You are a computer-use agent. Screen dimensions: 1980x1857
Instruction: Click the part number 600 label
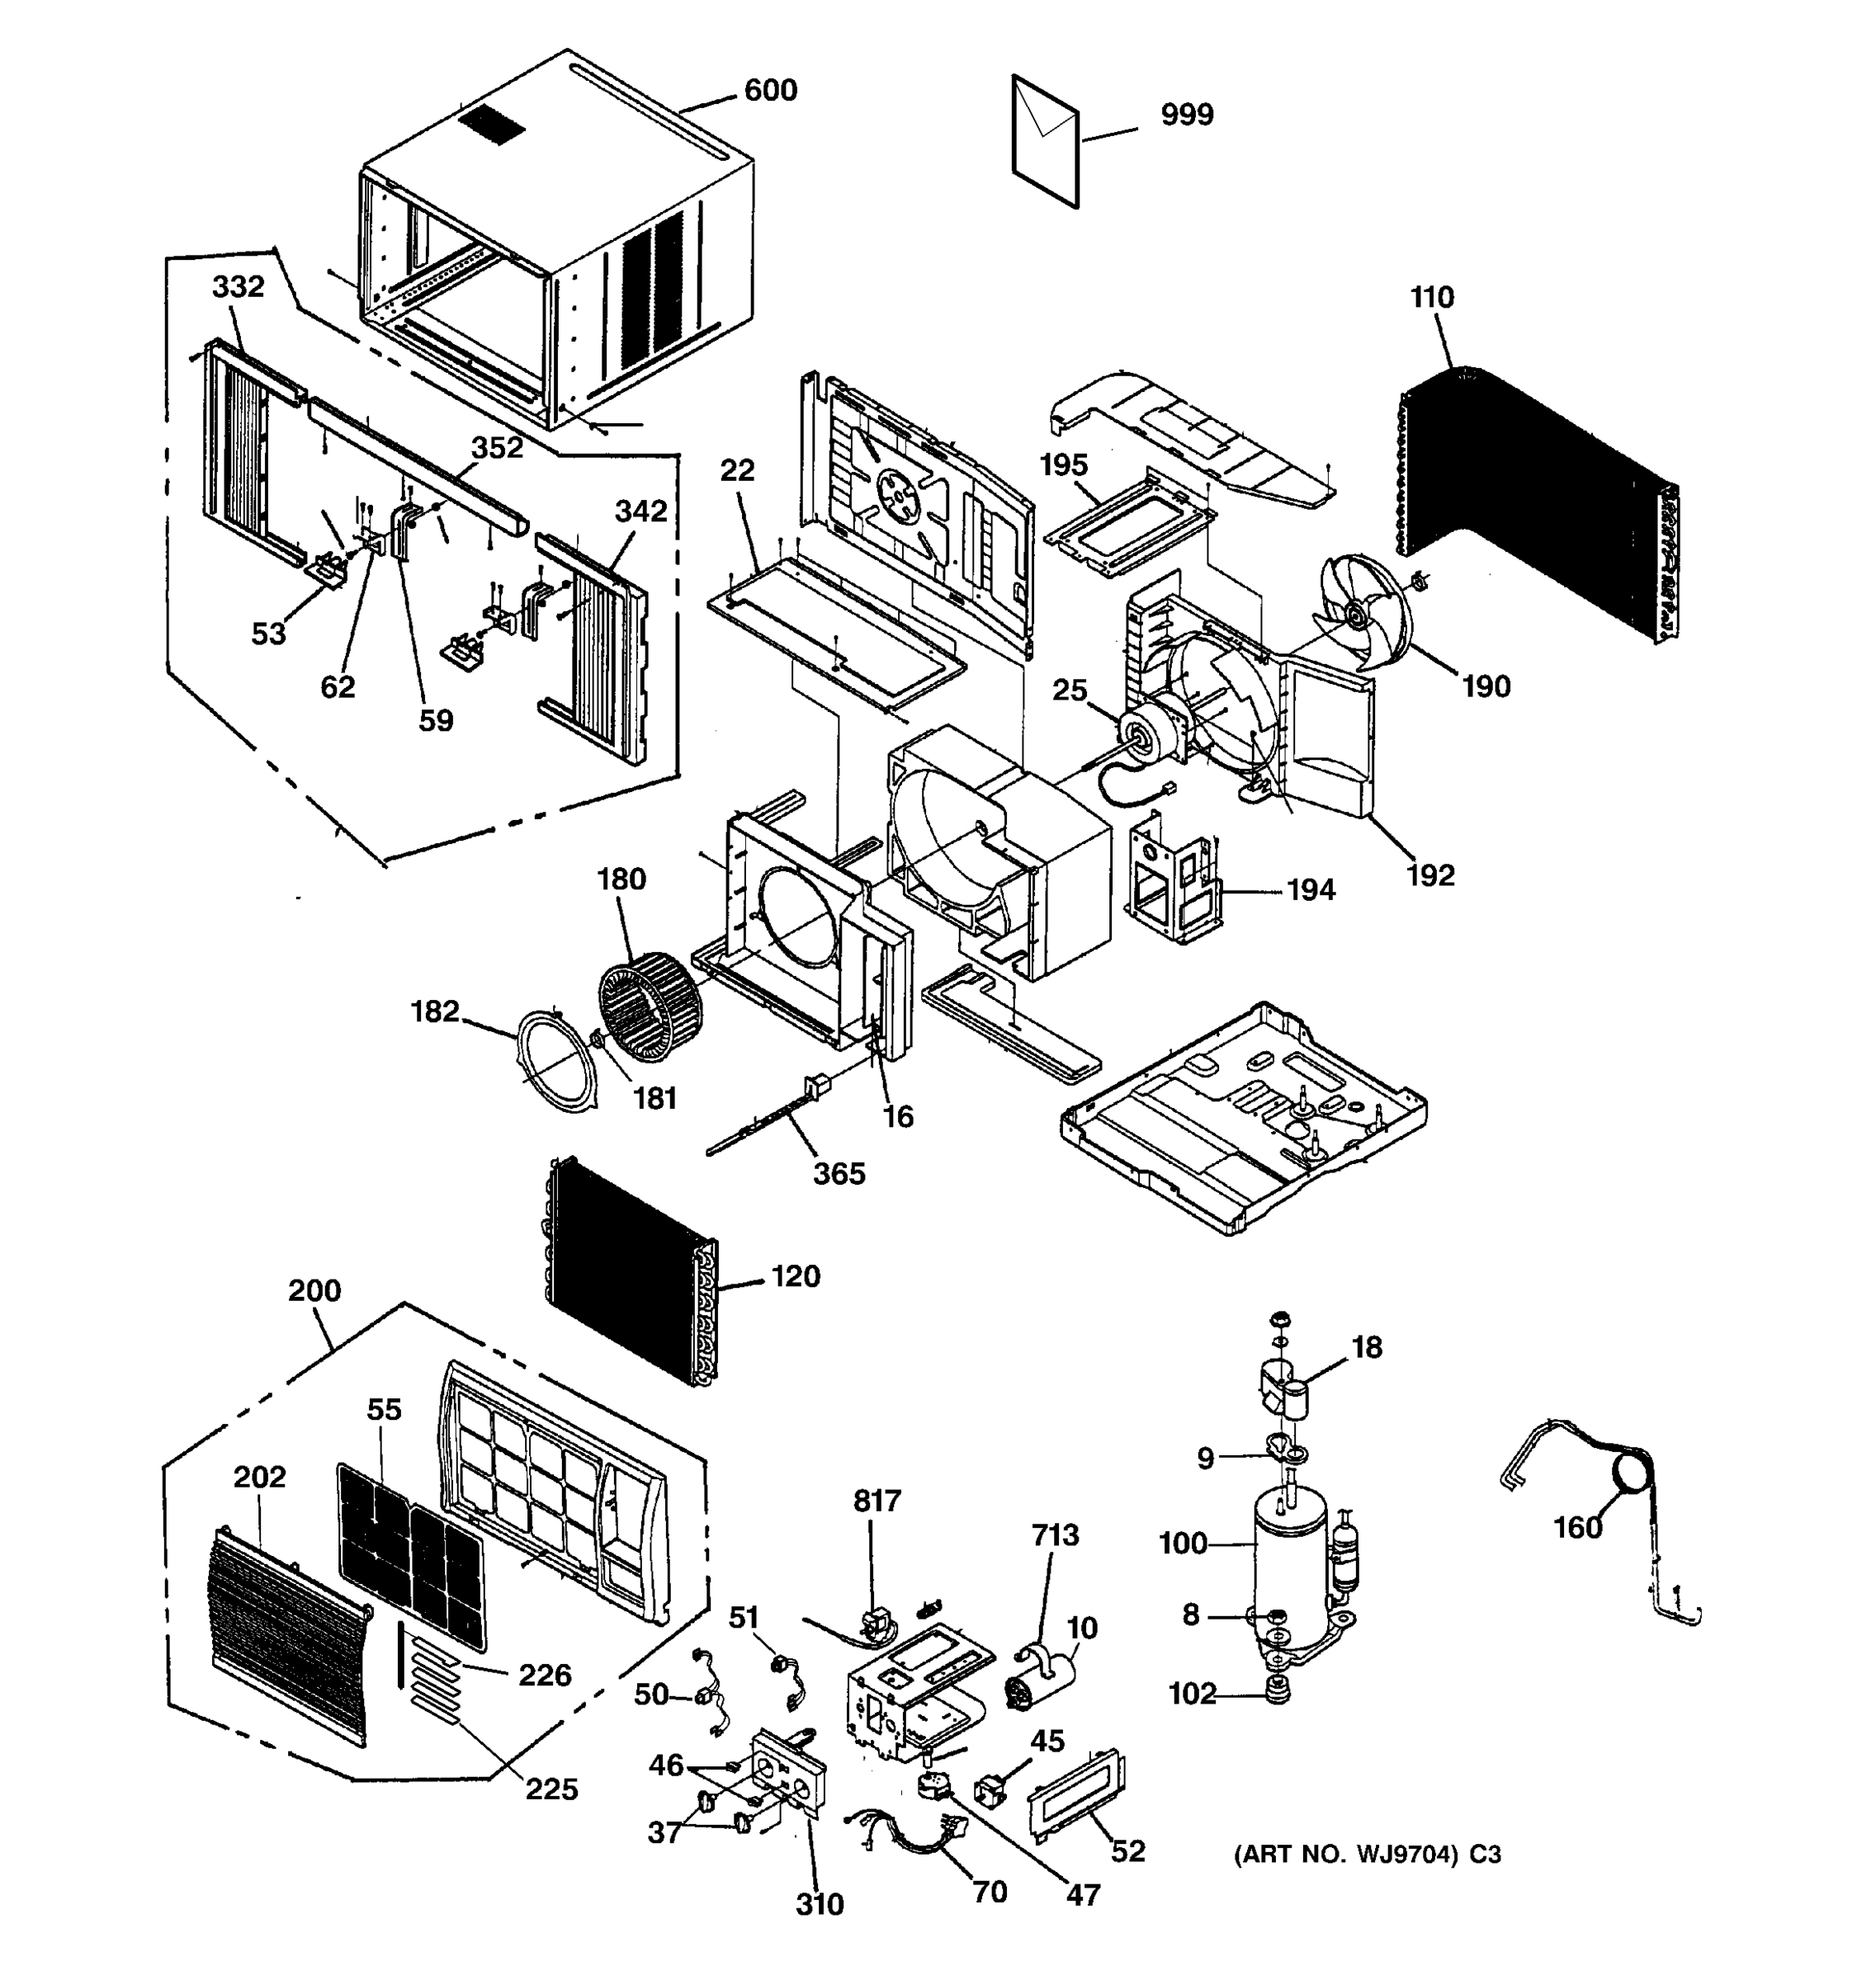pyautogui.click(x=770, y=91)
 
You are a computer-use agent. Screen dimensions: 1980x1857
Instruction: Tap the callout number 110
pyautogui.click(x=1432, y=297)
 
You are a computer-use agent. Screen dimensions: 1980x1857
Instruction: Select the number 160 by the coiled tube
pyautogui.click(x=1578, y=1527)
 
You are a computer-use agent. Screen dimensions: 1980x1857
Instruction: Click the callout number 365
pyautogui.click(x=839, y=1173)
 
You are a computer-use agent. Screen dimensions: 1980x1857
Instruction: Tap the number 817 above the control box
pyautogui.click(x=877, y=1500)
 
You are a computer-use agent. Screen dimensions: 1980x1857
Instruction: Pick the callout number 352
pyautogui.click(x=496, y=447)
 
